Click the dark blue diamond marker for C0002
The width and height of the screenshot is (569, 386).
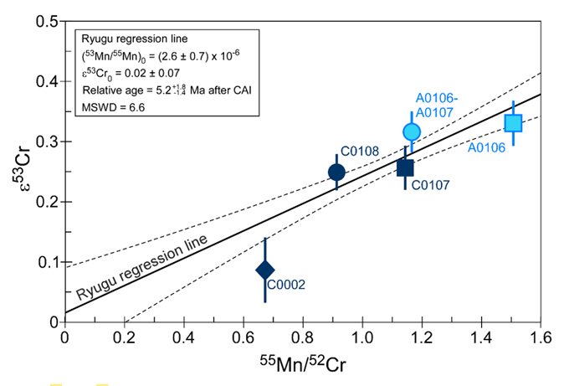265,270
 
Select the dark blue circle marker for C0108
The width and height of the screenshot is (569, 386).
337,172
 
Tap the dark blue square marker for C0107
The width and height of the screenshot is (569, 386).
405,167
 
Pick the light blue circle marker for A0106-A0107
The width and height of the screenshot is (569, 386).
411,131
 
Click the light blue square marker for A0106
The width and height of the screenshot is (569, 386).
513,123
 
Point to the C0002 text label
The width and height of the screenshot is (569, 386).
285,285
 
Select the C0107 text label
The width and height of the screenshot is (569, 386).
430,185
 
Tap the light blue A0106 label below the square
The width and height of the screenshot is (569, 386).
487,148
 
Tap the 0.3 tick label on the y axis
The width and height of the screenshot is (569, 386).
47,142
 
